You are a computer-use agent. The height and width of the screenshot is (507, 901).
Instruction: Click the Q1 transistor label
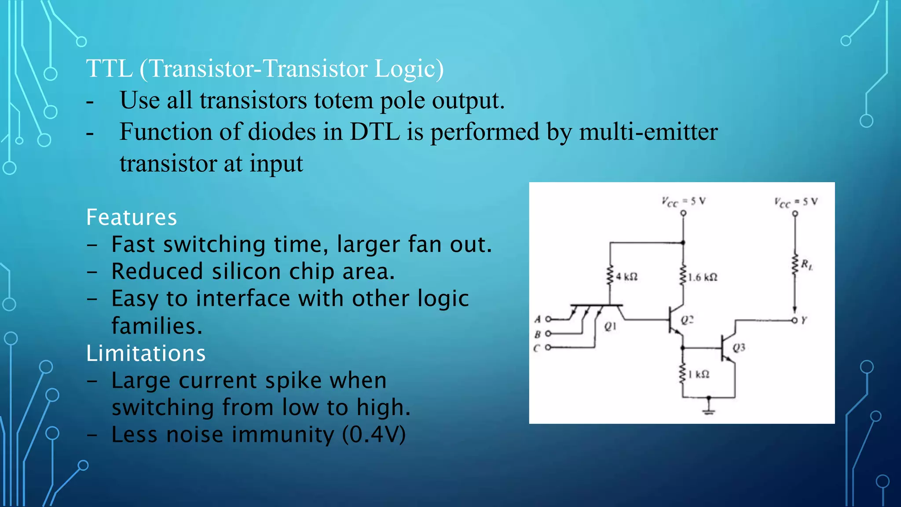[610, 326]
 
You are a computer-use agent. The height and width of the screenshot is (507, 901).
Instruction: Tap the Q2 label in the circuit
[687, 320]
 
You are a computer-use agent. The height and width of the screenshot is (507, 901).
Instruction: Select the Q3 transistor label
[739, 348]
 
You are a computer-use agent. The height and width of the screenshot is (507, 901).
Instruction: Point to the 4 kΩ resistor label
[626, 277]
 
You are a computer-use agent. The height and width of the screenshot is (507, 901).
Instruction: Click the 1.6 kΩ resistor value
[703, 277]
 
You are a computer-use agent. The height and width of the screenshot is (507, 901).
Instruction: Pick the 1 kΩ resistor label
[699, 375]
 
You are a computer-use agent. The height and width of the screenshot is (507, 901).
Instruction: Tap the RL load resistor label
[806, 265]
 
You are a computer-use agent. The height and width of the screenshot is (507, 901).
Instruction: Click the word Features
[132, 217]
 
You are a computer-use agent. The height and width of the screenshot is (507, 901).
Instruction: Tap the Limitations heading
[146, 353]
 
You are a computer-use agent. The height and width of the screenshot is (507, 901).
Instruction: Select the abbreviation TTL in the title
[109, 69]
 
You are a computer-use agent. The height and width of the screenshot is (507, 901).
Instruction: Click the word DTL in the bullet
[374, 132]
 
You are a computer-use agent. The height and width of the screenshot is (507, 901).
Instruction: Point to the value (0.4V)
[374, 435]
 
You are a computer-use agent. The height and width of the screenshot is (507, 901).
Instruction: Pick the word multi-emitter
[648, 132]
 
